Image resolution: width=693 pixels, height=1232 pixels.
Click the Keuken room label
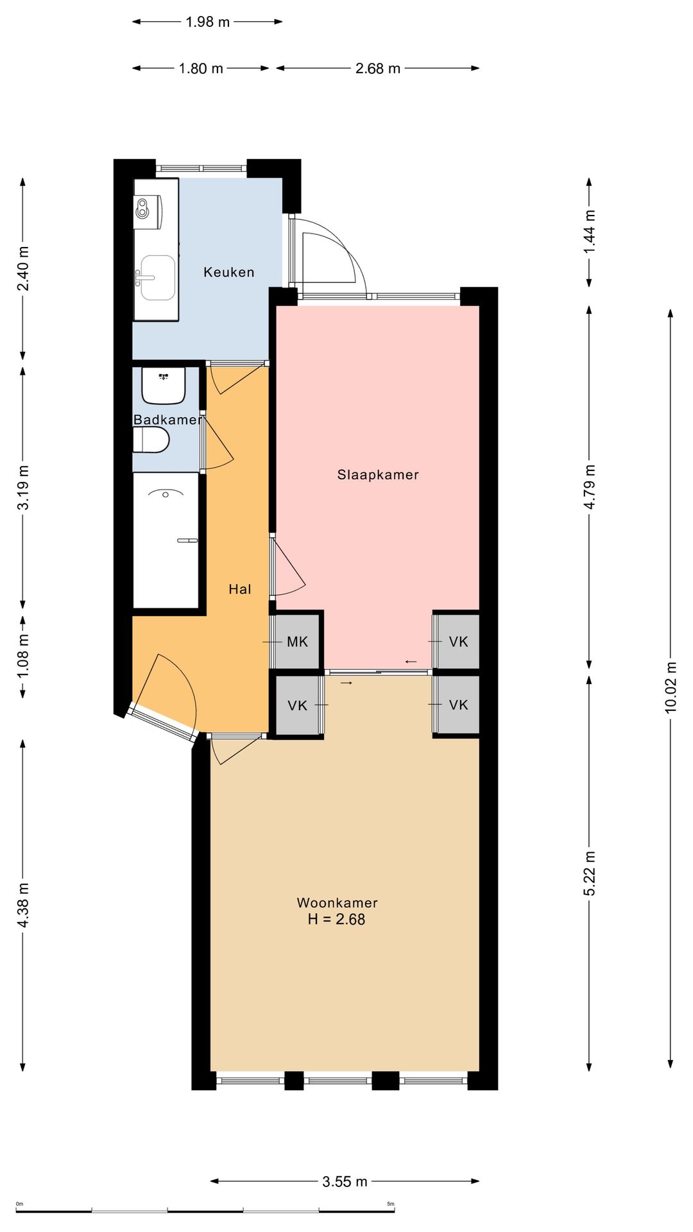pyautogui.click(x=229, y=272)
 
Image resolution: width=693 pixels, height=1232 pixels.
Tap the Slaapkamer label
pyautogui.click(x=378, y=475)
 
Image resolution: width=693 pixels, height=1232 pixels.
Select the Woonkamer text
pyautogui.click(x=337, y=903)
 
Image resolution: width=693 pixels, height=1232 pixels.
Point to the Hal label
pyautogui.click(x=240, y=589)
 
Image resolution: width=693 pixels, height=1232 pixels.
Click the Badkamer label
pyautogui.click(x=167, y=420)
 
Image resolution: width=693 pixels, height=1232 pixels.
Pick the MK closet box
pyautogui.click(x=297, y=641)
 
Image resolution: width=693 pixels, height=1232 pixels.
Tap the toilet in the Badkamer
pyautogui.click(x=151, y=441)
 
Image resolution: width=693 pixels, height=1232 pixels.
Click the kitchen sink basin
pyautogui.click(x=157, y=278)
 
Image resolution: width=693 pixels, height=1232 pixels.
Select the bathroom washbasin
pyautogui.click(x=164, y=385)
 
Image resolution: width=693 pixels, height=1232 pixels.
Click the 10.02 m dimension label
pyautogui.click(x=671, y=687)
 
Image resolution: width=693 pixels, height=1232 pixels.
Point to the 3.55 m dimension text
pyautogui.click(x=345, y=1181)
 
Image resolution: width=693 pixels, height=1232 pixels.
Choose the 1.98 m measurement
pyautogui.click(x=207, y=22)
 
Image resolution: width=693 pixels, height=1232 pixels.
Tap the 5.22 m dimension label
pyautogui.click(x=590, y=873)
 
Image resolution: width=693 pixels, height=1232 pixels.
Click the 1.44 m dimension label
pyautogui.click(x=590, y=232)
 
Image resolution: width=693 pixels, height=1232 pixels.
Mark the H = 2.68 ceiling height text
pyautogui.click(x=336, y=920)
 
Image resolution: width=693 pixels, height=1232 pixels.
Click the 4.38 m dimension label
pyautogui.click(x=23, y=905)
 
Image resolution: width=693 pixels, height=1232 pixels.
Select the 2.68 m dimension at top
pyautogui.click(x=378, y=68)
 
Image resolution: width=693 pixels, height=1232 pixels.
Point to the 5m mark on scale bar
pyautogui.click(x=391, y=1204)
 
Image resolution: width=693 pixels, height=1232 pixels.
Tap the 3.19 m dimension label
pyautogui.click(x=23, y=488)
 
